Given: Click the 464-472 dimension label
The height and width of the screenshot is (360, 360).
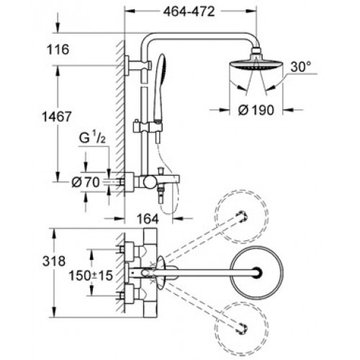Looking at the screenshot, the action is (189, 12).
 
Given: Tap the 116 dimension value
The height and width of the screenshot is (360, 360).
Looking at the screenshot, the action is (58, 50).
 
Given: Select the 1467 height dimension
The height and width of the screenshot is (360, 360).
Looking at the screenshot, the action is (57, 117).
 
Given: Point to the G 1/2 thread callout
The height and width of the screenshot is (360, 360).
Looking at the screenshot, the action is (92, 139).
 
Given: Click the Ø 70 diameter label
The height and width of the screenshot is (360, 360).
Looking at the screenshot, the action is (86, 183).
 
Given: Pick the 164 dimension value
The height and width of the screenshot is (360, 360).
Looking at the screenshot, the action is (148, 219).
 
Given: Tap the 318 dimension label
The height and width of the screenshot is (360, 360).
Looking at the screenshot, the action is (54, 261).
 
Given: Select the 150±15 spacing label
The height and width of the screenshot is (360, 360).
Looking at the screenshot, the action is (91, 276).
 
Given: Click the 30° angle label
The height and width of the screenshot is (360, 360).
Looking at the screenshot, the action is (301, 67).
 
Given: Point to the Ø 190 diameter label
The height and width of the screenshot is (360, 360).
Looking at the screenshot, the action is (256, 110).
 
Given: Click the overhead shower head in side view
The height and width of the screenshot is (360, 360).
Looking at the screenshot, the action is (256, 63).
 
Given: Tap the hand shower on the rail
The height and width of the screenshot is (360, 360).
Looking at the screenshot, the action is (159, 88).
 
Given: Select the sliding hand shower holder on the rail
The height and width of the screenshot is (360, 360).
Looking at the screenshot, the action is (148, 127).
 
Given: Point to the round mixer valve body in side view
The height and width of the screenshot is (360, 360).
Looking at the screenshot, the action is (150, 181).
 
